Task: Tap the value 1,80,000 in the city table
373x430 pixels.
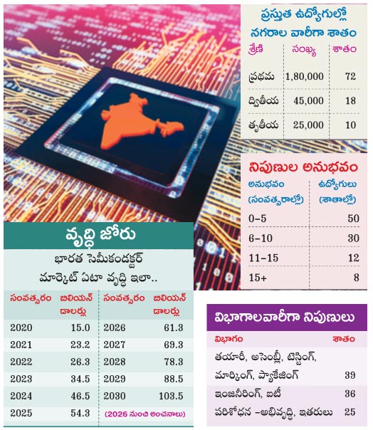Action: (x=305, y=76)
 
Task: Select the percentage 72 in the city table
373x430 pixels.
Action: (x=350, y=76)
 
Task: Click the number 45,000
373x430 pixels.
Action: (x=308, y=100)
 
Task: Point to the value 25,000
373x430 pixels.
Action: (x=308, y=125)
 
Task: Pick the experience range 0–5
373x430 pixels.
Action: (x=257, y=219)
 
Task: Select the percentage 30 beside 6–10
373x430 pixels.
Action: (x=354, y=238)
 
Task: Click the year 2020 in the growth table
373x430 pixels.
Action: (x=21, y=327)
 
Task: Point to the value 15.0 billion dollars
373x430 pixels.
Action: (x=80, y=327)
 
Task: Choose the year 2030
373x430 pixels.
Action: (x=115, y=396)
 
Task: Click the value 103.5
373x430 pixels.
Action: (x=171, y=396)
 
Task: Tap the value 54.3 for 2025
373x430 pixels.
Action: (x=80, y=413)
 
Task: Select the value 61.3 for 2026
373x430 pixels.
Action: (x=174, y=327)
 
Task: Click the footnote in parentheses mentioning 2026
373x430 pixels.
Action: (x=145, y=414)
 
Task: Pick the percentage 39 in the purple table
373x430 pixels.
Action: (x=350, y=375)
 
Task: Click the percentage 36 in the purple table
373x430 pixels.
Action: (x=350, y=394)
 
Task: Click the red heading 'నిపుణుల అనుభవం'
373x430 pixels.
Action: (x=303, y=167)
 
